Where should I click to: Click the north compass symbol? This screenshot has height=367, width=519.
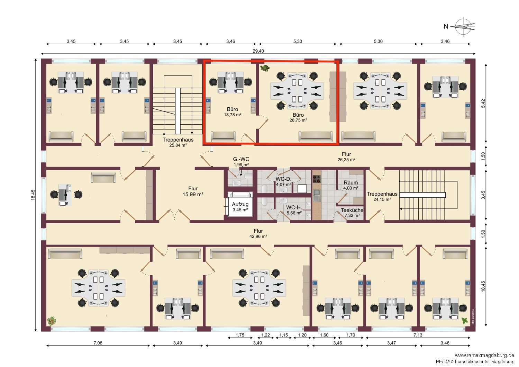pos(464,26)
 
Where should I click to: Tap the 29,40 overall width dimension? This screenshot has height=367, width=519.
pos(258,51)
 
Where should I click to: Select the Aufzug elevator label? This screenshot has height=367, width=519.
pos(240,204)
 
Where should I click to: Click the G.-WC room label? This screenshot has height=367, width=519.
pos(241,159)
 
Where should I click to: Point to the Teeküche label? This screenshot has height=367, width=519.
pos(352,210)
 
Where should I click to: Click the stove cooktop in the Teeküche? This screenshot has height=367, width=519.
pos(317,179)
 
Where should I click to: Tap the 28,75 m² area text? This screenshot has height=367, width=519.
pos(298,120)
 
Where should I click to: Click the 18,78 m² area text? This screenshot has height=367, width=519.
pos(233,115)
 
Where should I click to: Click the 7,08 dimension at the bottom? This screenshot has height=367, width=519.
pos(98,343)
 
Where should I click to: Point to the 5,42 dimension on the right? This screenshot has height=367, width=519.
pos(483,103)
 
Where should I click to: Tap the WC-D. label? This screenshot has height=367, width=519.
pos(283,179)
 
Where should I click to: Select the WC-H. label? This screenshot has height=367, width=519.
pos(294,208)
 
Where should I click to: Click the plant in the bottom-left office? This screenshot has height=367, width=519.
pos(52,321)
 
